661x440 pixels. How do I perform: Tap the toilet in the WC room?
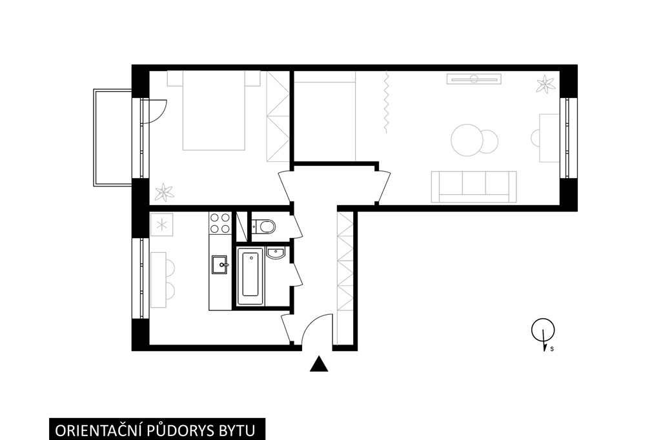coord(263,226)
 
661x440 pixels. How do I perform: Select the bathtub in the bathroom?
coord(250,276)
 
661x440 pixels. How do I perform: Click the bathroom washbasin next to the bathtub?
coord(276,253)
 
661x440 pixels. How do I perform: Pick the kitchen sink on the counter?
coord(219,265)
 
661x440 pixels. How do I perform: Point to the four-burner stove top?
coord(219,223)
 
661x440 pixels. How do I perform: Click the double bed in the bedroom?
coord(213,110)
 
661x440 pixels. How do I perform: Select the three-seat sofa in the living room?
coord(474,186)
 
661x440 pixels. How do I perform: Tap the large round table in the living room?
coord(467,141)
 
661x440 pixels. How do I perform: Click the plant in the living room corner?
coord(545,84)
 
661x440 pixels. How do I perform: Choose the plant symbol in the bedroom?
coord(164,193)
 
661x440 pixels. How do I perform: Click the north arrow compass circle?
coord(542,330)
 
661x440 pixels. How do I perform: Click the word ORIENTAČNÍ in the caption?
coord(99,431)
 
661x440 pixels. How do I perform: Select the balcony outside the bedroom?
coord(112,137)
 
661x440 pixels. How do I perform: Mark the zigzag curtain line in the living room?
coord(386,101)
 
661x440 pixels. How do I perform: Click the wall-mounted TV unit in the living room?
coord(474,79)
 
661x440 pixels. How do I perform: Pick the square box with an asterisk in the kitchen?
coord(162,225)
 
